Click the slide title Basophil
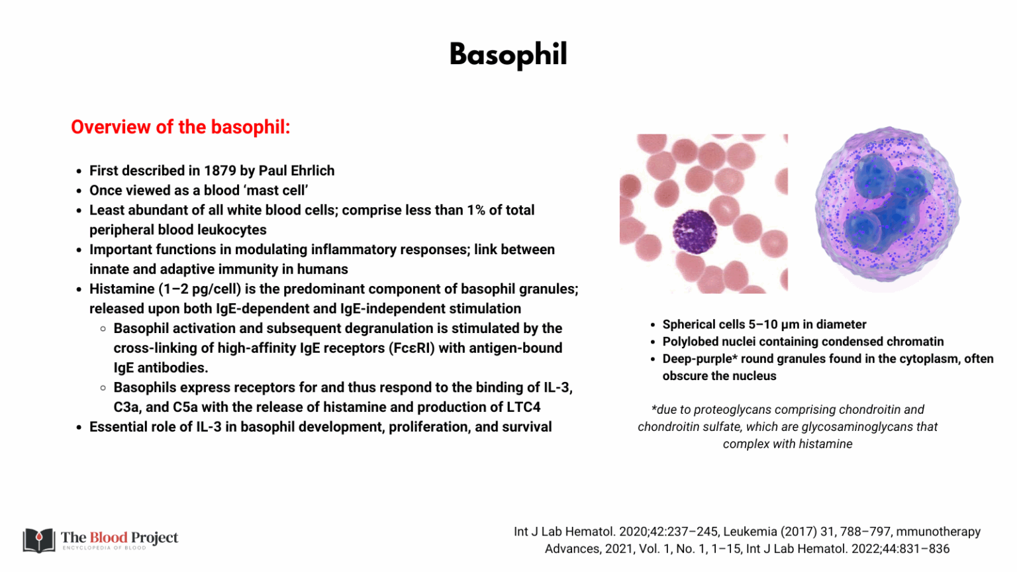coord(508,54)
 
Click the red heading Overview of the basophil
coord(180,127)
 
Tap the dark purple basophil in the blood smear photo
coord(695,232)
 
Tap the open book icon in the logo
coord(39,540)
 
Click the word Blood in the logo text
coord(109,538)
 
